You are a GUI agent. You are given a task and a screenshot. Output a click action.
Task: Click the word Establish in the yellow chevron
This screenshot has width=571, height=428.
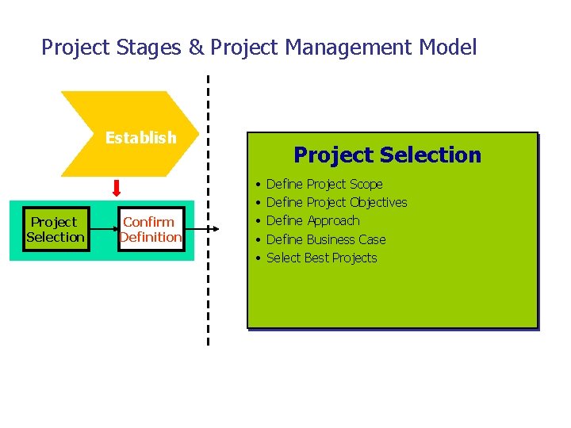[140, 138]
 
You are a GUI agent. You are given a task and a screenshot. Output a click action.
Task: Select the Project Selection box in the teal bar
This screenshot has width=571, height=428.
[56, 230]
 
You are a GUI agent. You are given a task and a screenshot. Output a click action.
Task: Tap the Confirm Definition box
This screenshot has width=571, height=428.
[150, 230]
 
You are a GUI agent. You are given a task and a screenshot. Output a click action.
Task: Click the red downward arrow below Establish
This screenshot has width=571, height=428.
[117, 189]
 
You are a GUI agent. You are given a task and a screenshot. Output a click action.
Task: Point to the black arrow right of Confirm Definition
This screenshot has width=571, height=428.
[199, 231]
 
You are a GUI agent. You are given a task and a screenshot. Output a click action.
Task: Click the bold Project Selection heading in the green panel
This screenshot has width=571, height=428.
[387, 155]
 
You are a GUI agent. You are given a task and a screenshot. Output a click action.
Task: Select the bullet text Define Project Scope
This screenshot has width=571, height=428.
[324, 184]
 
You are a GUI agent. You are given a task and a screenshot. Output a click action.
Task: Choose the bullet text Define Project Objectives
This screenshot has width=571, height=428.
[336, 203]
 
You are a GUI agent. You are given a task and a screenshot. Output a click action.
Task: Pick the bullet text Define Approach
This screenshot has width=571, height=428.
[312, 221]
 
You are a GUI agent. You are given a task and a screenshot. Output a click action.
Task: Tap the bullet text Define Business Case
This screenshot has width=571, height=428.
[326, 239]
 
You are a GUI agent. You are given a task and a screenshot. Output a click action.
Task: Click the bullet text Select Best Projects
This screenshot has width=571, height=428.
[321, 258]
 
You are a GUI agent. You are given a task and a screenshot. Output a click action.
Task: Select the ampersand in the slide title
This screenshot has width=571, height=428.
[196, 48]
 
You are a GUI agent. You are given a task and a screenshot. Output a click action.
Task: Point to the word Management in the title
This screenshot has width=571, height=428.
[345, 48]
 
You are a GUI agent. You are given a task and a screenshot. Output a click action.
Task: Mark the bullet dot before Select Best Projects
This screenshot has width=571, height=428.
[259, 258]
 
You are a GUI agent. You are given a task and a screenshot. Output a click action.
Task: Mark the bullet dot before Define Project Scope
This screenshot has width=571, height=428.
[259, 185]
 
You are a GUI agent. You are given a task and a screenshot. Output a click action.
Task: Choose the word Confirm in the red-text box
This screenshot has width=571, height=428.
[148, 222]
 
